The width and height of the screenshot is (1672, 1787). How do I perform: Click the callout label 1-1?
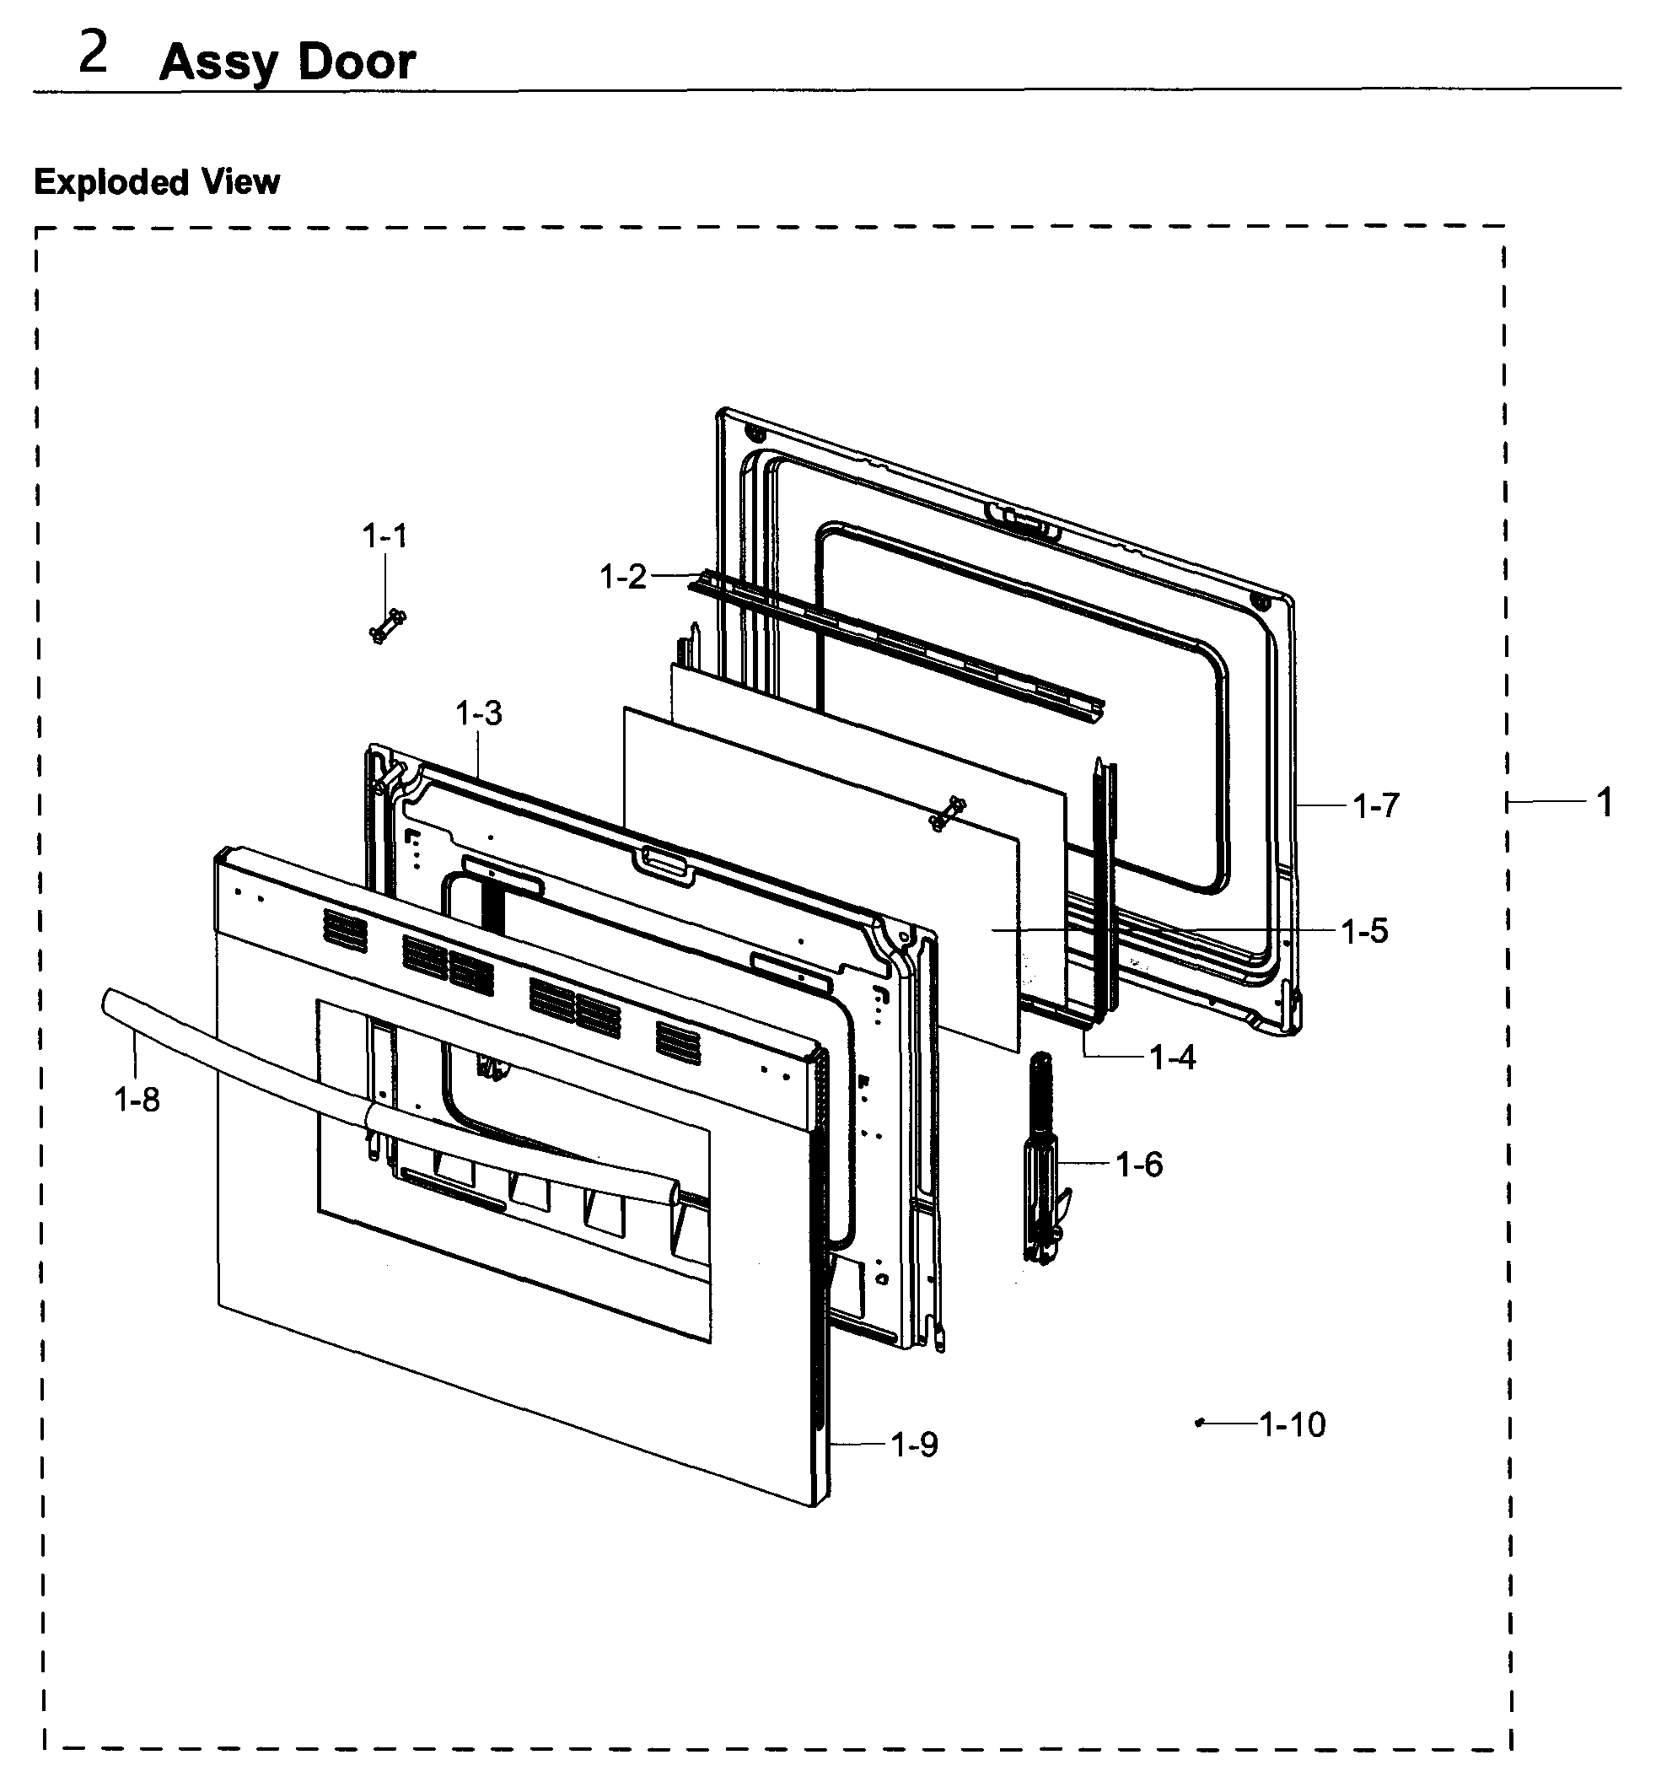(x=384, y=537)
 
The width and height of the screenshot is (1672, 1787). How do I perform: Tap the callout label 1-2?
(x=623, y=577)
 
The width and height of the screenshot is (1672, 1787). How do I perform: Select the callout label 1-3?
(x=478, y=713)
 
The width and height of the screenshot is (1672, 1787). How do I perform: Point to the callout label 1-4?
(x=1172, y=1058)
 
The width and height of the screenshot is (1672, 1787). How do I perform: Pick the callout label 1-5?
(x=1364, y=931)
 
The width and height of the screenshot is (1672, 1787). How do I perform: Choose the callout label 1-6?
(x=1139, y=1165)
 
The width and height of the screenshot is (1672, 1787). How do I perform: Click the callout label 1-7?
(x=1376, y=806)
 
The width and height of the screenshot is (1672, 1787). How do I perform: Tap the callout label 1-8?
(x=137, y=1100)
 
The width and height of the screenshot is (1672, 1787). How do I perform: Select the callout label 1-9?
(x=914, y=1445)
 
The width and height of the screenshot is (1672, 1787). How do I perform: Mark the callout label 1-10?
(x=1292, y=1424)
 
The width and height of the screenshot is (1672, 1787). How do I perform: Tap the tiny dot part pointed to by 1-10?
(x=1199, y=1423)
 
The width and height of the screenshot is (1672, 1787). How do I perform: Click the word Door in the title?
(x=356, y=63)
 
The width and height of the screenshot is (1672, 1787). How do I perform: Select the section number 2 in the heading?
(x=94, y=54)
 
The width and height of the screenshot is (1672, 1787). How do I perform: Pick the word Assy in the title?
(x=218, y=65)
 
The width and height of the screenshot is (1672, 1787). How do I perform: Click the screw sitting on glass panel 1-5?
(x=948, y=813)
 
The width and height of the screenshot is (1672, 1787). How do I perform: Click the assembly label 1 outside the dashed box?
(x=1605, y=802)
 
